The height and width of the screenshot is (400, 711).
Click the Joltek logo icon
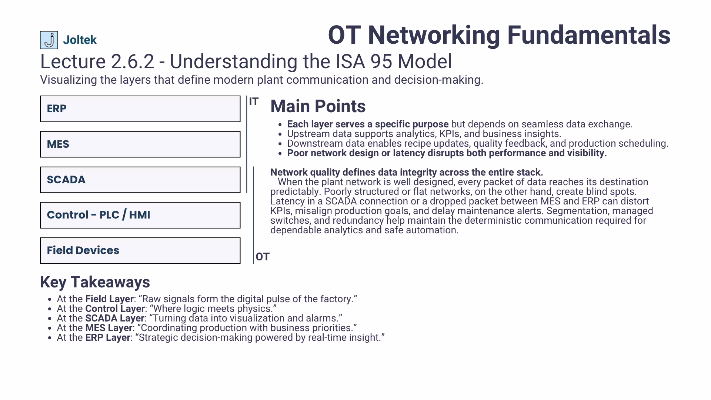(49, 40)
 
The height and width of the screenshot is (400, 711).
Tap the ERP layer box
(140, 109)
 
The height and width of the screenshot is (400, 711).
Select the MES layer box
(140, 144)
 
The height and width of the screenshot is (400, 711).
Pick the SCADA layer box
(140, 180)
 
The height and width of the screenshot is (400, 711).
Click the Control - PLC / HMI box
(140, 215)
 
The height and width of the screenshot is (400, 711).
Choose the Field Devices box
(140, 251)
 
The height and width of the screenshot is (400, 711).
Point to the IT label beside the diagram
(254, 102)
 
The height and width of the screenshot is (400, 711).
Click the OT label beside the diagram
(263, 257)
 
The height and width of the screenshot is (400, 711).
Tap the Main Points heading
(318, 107)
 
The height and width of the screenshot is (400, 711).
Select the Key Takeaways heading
(95, 282)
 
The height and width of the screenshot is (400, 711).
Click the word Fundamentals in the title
(588, 36)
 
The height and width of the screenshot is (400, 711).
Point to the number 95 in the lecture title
(381, 61)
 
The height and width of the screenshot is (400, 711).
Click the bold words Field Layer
(109, 299)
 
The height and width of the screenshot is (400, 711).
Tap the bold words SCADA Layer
(114, 319)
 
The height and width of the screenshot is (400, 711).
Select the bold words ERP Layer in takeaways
(107, 338)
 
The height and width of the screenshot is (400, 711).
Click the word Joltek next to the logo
(80, 40)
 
